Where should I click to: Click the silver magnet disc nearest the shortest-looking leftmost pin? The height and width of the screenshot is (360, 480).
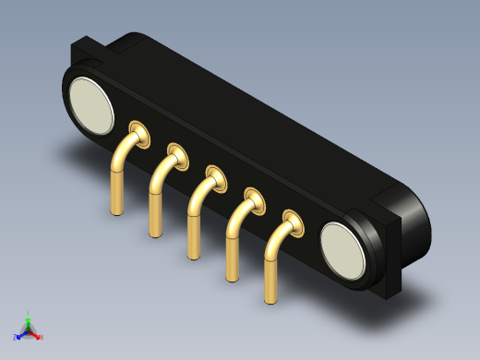[91, 105]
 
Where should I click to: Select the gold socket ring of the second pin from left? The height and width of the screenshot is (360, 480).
[177, 152]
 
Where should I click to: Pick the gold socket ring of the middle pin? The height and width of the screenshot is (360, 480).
[216, 175]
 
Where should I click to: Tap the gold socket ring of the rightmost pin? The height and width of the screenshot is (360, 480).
[293, 222]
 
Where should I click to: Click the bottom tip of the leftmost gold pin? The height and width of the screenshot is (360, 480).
[116, 211]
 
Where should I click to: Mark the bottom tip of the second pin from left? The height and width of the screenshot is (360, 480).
[155, 233]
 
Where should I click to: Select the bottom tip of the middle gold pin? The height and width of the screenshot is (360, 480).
[194, 255]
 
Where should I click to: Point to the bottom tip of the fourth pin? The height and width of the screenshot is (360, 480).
[232, 277]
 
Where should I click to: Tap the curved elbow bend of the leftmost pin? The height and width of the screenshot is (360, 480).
[121, 153]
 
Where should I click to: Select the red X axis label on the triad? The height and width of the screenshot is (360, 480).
[42, 337]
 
